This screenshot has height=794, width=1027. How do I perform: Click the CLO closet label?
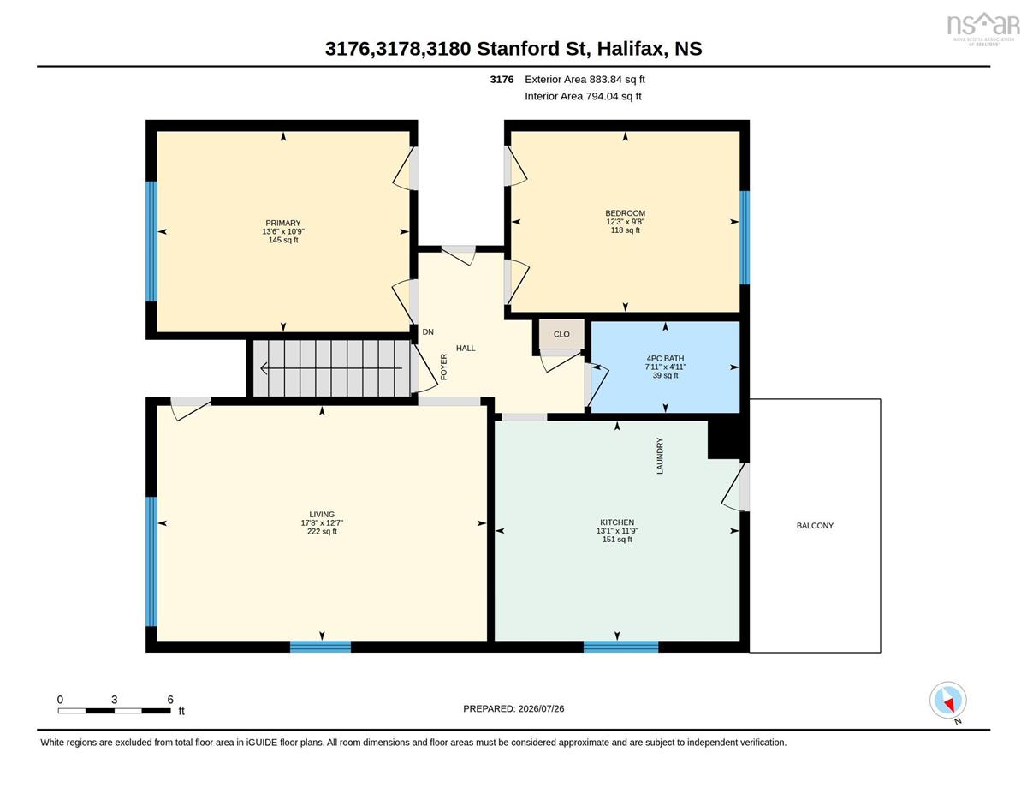561,334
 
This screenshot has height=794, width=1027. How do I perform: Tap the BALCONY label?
815,525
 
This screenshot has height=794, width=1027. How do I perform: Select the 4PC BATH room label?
665,359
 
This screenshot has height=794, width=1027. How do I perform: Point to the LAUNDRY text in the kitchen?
660,456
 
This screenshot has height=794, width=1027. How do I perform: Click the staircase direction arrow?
331,368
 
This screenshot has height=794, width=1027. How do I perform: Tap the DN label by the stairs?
428,332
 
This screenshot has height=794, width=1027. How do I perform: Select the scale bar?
114,711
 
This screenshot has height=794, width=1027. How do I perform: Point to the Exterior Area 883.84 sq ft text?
585,80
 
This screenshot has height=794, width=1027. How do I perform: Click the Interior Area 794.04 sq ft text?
583,97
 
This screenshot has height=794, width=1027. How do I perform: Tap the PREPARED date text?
513,709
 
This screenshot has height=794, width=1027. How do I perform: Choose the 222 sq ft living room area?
322,532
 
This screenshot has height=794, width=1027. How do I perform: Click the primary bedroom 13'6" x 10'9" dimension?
283,232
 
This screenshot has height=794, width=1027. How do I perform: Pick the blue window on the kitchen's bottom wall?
620,647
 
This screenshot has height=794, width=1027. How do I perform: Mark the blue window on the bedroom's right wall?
745,237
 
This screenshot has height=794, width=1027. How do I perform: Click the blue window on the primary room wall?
151,242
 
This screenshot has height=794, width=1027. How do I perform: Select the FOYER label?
443,367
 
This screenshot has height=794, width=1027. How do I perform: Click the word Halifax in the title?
632,49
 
